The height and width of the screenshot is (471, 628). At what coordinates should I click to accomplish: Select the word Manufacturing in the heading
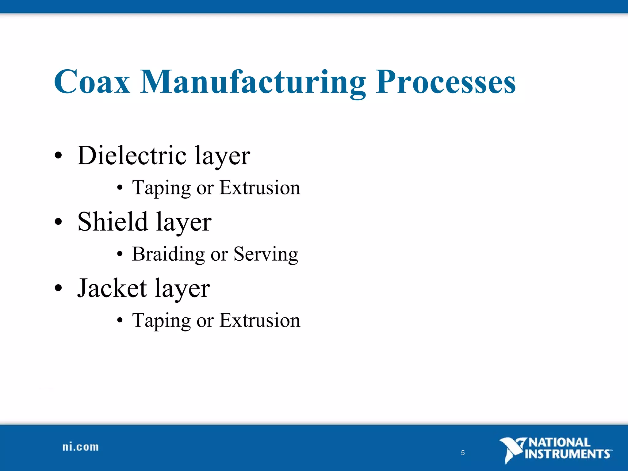click(253, 82)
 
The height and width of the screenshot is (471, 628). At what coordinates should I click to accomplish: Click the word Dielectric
click(132, 155)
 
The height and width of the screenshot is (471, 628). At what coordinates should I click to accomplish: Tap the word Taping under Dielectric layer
click(161, 188)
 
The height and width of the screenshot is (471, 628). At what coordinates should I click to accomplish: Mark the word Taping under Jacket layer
click(161, 320)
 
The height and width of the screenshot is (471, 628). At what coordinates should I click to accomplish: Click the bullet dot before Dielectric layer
click(58, 156)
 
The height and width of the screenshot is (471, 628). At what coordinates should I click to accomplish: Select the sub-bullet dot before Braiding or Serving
click(120, 254)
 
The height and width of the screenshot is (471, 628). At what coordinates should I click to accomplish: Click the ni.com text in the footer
click(81, 447)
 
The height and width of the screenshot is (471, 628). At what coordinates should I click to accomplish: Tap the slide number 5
click(463, 453)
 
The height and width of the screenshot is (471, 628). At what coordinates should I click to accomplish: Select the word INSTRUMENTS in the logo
click(567, 454)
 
